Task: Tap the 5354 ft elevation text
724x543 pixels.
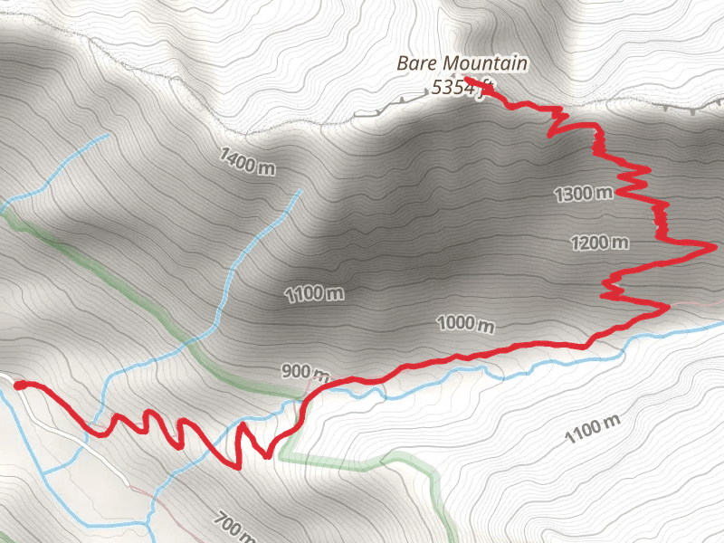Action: pos(462,89)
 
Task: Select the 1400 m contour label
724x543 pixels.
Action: pos(247,162)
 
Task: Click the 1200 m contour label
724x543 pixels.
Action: pos(598,243)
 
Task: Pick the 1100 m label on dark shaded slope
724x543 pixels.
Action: pos(314,294)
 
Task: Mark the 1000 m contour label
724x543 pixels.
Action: pos(466,323)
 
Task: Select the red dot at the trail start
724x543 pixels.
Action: pos(20,386)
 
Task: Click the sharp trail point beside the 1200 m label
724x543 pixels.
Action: pos(714,244)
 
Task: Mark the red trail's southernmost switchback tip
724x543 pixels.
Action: pos(237,468)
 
